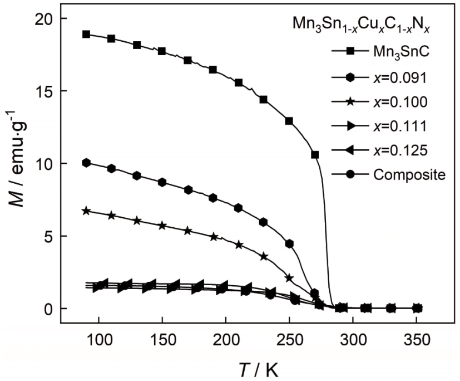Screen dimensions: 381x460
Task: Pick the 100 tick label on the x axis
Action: pos(99,339)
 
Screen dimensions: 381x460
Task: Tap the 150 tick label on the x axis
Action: pos(162,339)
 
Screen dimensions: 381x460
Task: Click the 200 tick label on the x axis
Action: pos(226,339)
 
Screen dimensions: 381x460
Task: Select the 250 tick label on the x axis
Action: pos(290,339)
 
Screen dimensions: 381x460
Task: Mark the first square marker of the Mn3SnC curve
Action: pos(86,34)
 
